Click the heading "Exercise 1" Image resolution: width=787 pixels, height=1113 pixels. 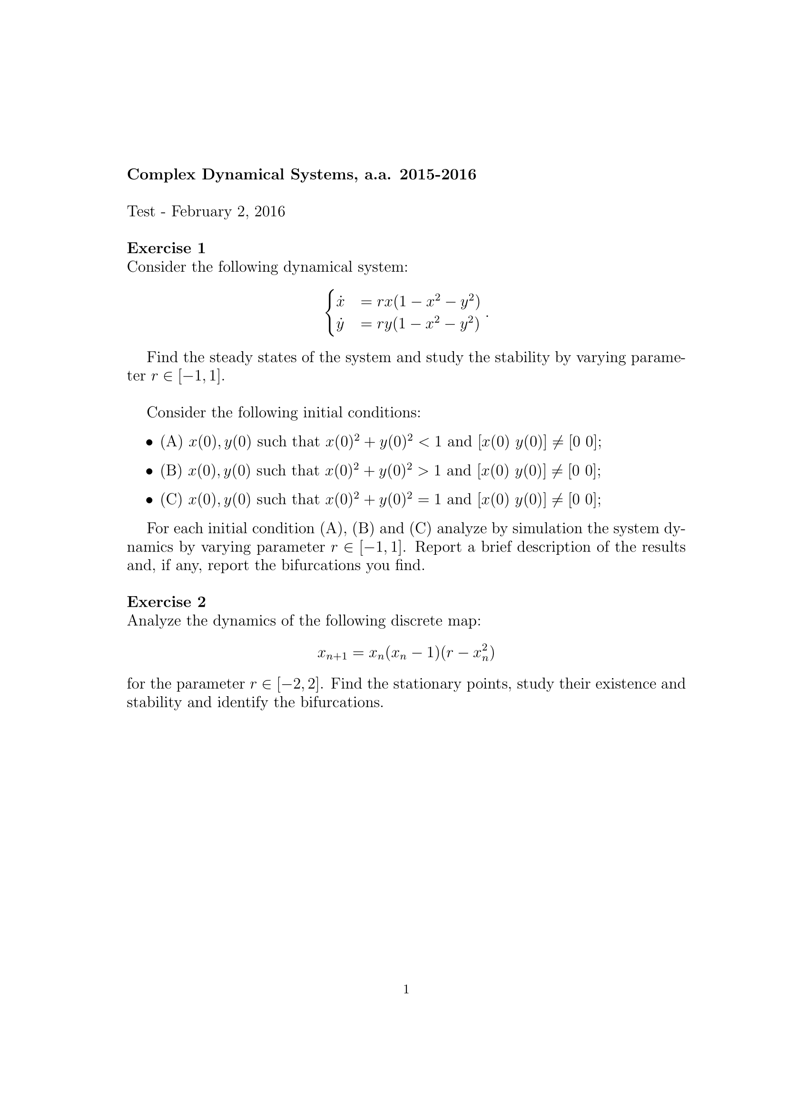point(166,248)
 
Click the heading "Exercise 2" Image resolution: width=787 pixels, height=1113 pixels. point(166,601)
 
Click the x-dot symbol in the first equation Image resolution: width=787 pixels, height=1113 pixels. point(340,302)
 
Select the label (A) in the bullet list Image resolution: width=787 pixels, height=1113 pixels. point(172,442)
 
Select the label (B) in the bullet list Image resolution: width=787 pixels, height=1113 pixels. point(171,471)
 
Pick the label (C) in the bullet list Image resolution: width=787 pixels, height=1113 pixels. point(171,499)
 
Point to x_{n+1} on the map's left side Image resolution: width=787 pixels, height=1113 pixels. point(333,654)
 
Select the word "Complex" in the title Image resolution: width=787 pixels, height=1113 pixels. point(161,175)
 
